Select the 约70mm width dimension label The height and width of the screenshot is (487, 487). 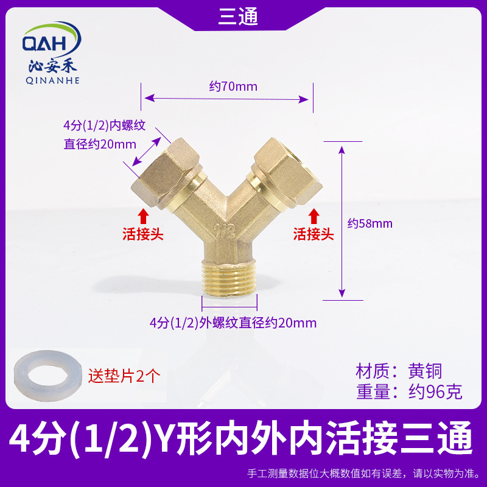coord(233,86)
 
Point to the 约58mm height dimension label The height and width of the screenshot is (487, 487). coord(370,223)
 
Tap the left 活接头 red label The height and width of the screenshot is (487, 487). coord(143,234)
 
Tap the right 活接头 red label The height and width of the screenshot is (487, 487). coord(314,234)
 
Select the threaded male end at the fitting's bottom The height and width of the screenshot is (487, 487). coord(229,278)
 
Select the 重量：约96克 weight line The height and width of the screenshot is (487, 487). coord(409,391)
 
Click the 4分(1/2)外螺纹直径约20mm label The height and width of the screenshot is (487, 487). coord(233,323)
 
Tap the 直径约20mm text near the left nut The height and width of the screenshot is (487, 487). coord(100,145)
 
